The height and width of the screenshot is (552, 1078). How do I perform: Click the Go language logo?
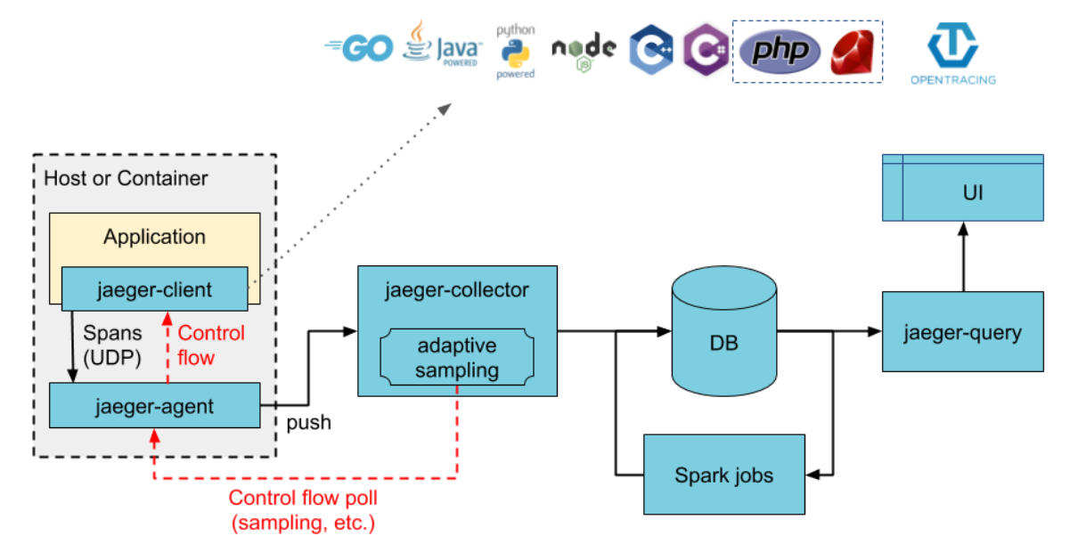point(359,48)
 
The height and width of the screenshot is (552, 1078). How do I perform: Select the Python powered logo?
point(516,52)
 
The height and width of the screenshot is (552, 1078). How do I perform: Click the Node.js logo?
point(584,49)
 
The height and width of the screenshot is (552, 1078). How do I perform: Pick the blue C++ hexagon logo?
point(650,49)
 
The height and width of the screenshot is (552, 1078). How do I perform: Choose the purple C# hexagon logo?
point(706,49)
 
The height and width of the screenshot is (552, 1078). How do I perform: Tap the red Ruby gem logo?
point(852,52)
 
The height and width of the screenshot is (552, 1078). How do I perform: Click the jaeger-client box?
point(154,288)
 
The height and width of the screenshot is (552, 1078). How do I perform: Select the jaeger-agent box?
point(154,406)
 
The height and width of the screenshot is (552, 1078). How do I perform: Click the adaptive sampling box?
point(456,358)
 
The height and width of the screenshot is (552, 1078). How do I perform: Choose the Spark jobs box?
point(723,475)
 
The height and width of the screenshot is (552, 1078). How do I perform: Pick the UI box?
point(962,191)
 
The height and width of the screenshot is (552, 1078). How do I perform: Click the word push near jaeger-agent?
point(308,423)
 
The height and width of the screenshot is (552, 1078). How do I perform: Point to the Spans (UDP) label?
point(113,345)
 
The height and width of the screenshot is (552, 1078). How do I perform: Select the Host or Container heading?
point(126,178)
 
